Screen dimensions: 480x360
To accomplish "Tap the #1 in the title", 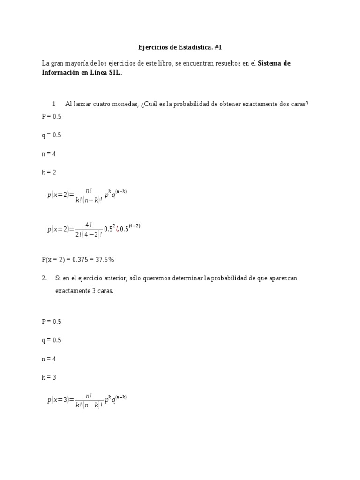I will click(222, 47).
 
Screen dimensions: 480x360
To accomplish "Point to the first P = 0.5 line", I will click(52, 116).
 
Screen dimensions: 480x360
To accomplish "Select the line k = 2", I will click(49, 172).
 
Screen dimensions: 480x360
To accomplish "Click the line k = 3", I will click(49, 377).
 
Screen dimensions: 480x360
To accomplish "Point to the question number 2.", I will click(44, 278).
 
